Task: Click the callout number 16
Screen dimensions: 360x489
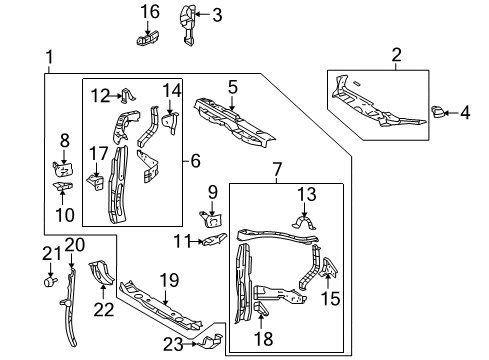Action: click(x=149, y=12)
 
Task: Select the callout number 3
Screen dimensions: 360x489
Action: click(x=217, y=14)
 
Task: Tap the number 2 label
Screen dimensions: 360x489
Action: click(x=396, y=54)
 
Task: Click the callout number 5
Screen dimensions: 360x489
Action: click(x=232, y=88)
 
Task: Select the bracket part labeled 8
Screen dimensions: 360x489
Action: click(x=63, y=166)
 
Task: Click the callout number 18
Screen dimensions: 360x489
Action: click(x=263, y=338)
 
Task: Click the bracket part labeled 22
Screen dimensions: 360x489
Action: click(x=100, y=273)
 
